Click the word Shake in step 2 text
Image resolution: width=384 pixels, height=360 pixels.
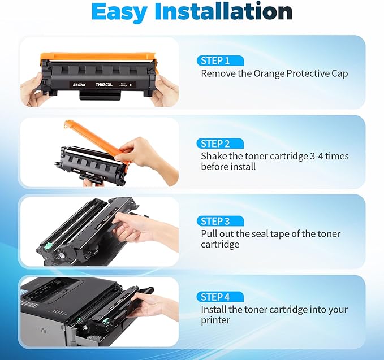pyautogui.click(x=213, y=156)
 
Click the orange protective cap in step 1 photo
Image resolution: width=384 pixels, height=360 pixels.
pyautogui.click(x=96, y=57)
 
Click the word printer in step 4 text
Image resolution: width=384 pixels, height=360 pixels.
pyautogui.click(x=215, y=320)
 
